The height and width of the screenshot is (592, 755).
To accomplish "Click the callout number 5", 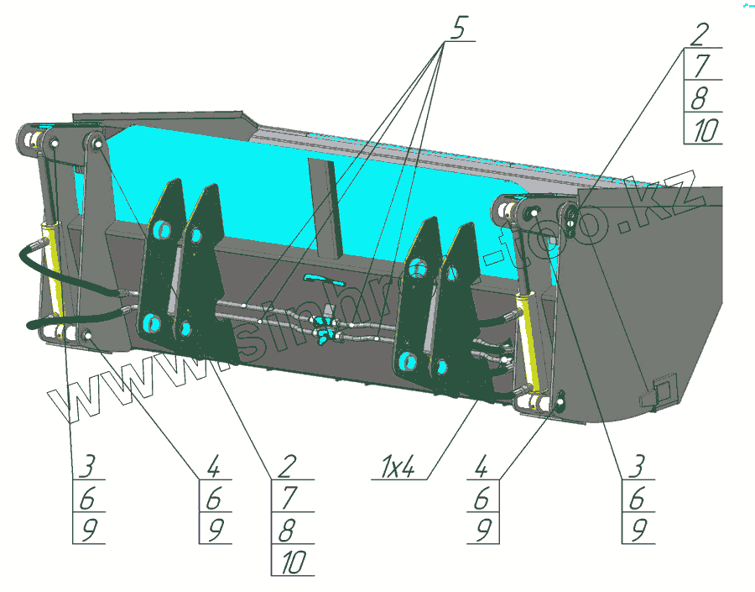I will click(457, 28).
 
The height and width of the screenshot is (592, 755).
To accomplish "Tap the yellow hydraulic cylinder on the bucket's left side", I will click(54, 269).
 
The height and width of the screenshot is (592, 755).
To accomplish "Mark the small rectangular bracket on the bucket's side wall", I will click(659, 390).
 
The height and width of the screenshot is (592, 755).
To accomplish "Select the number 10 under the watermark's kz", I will click(703, 130).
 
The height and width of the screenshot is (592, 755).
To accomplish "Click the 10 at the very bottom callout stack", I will click(292, 562).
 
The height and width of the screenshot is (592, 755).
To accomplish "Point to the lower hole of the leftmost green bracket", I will click(152, 321).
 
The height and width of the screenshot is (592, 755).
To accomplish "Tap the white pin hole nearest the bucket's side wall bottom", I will click(556, 406).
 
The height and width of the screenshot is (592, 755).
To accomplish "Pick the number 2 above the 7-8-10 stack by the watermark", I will click(700, 35).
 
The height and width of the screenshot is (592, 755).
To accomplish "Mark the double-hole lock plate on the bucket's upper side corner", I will click(571, 217).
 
